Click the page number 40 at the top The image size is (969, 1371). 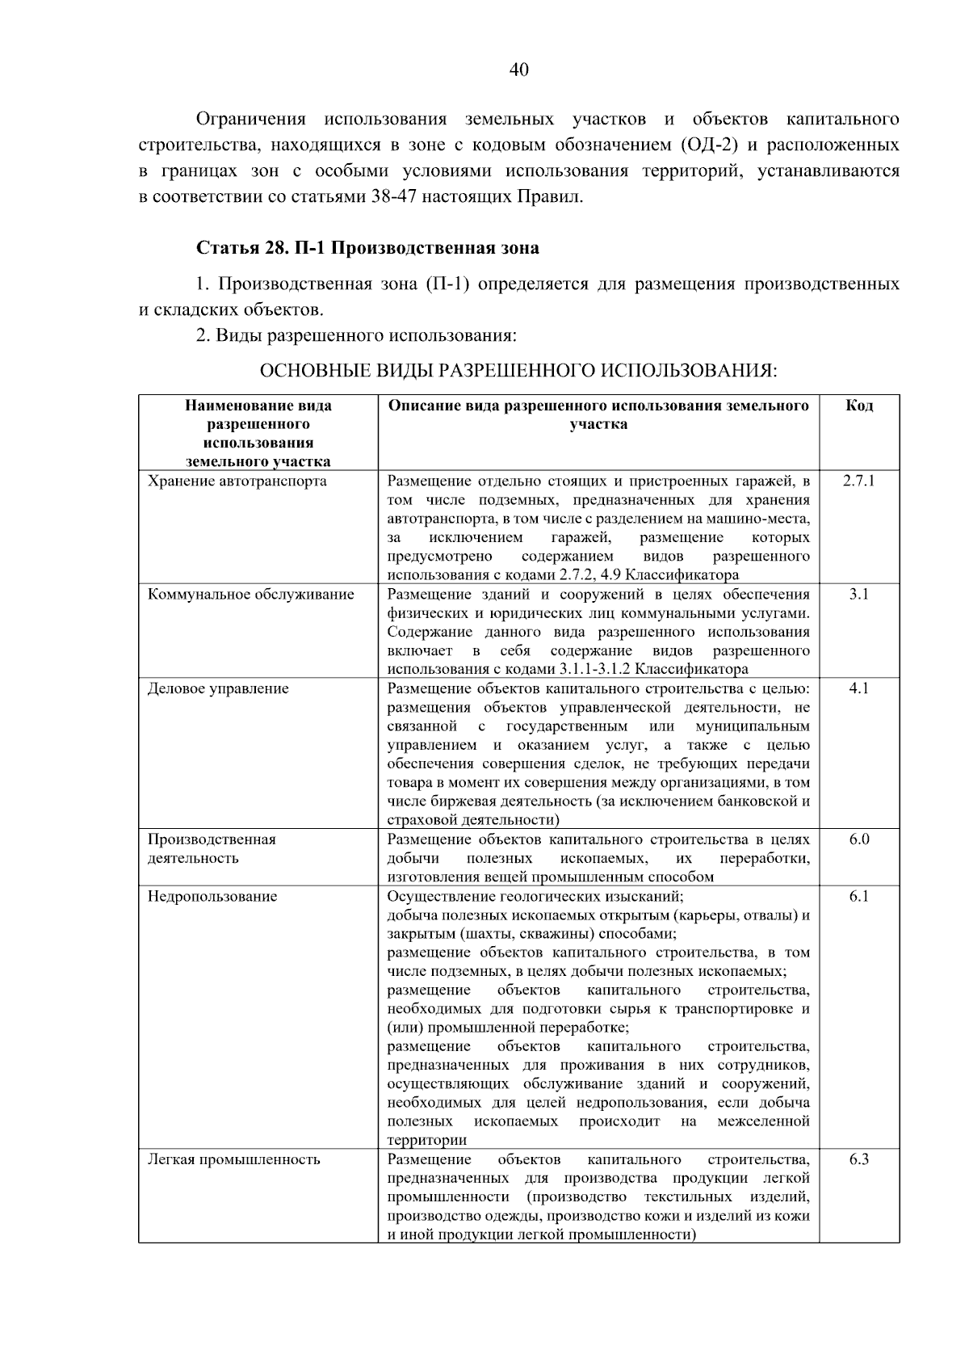(x=519, y=70)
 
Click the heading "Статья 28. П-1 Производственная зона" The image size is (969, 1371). (x=367, y=248)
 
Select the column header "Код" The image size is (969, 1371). (x=859, y=406)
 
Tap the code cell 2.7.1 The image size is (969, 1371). (x=859, y=482)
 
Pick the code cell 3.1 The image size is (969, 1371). (x=859, y=595)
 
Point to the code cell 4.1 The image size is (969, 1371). (x=859, y=688)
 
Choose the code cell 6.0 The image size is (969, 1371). (x=859, y=839)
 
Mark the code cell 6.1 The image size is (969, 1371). (x=859, y=896)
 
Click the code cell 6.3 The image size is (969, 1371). (x=859, y=1159)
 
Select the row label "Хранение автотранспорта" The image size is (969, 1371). (x=237, y=482)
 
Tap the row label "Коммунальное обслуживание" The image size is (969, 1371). (x=251, y=595)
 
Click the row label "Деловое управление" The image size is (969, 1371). (x=218, y=688)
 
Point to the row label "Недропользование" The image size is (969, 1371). (x=212, y=896)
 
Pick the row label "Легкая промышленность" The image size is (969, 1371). (x=234, y=1159)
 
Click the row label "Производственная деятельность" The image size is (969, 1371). (x=212, y=848)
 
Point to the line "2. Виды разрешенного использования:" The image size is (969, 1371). (x=356, y=334)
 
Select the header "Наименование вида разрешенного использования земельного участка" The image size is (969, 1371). (x=258, y=434)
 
